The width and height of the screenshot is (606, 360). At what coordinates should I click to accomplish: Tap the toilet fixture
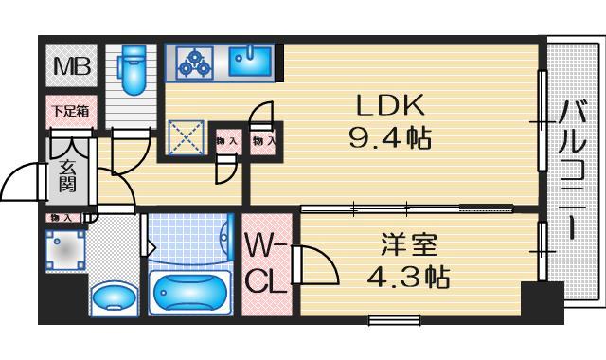[x=131, y=72]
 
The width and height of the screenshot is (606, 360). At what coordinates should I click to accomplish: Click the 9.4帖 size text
[x=390, y=141]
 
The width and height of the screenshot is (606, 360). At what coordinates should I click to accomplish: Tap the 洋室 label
[x=408, y=243]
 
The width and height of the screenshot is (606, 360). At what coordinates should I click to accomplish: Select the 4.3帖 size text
[x=409, y=279]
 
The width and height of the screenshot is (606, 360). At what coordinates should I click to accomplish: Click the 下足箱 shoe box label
[x=69, y=111]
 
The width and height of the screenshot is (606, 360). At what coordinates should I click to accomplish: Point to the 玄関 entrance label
[x=68, y=173]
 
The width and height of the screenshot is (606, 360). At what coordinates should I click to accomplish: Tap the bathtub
[x=190, y=293]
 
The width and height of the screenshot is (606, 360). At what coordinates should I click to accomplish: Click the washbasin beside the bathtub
[x=113, y=297]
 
